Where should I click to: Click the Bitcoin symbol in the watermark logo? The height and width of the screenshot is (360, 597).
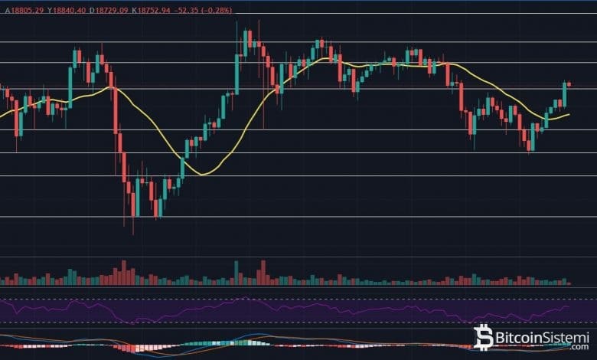[484, 338]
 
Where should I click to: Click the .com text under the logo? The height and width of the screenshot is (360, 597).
[576, 348]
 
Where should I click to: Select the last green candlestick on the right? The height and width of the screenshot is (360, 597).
[565, 93]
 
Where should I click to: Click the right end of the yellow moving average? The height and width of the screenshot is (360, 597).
[569, 115]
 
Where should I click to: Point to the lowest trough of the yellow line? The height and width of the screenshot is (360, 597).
[202, 174]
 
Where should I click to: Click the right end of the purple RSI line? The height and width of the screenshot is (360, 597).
[569, 306]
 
